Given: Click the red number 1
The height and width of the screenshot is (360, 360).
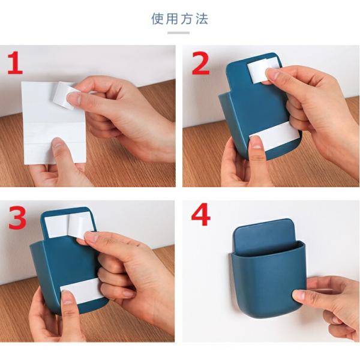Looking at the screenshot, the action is [x=14, y=62].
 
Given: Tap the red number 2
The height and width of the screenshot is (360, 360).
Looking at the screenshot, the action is [x=200, y=63].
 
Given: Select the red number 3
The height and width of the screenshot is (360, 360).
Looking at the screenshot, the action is [x=17, y=217].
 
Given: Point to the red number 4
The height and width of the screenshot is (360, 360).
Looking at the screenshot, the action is [x=200, y=215].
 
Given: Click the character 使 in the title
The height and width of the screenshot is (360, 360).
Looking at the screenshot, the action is [x=157, y=19].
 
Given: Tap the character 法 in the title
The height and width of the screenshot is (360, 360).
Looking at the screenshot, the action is [x=202, y=19].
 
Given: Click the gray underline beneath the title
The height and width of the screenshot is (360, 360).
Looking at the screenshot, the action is [x=178, y=33].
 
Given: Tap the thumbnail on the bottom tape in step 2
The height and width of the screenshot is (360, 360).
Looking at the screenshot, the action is [x=256, y=142].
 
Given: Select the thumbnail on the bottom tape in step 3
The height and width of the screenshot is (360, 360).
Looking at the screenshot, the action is [x=67, y=298].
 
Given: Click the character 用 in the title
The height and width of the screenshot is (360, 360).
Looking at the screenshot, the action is [x=172, y=19].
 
